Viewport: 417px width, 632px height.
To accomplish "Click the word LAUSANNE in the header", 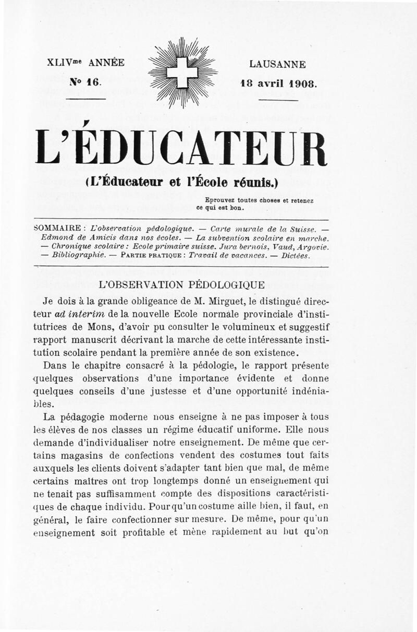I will tap(277, 65).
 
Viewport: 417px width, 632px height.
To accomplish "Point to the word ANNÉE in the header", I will tap(106, 63).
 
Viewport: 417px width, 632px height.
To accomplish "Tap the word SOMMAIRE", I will tap(57, 228).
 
